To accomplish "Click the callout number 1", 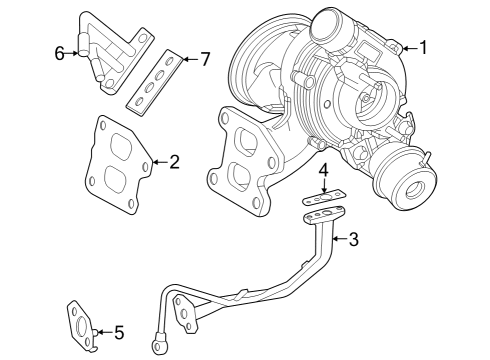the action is (423, 48).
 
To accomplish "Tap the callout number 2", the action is (174, 162).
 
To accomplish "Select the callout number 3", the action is (354, 239).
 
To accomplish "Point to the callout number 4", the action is (323, 170).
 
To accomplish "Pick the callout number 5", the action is (119, 332).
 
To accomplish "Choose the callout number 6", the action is (60, 53).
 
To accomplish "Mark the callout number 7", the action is (204, 59).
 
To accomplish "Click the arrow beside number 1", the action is (410, 48).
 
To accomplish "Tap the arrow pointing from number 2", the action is (160, 162).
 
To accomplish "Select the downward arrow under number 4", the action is (323, 186).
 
